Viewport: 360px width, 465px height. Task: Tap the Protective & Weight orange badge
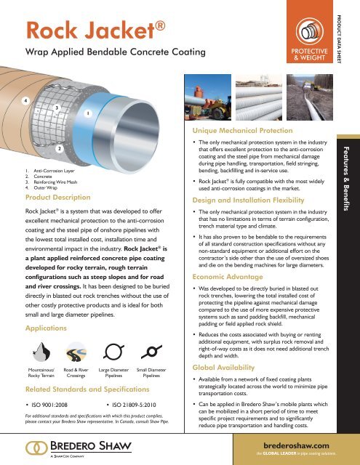coord(305,35)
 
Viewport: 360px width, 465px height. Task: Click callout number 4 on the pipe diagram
coord(7,100)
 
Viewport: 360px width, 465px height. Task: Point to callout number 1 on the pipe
coord(88,113)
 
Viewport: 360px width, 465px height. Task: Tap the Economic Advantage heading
coord(218,277)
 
